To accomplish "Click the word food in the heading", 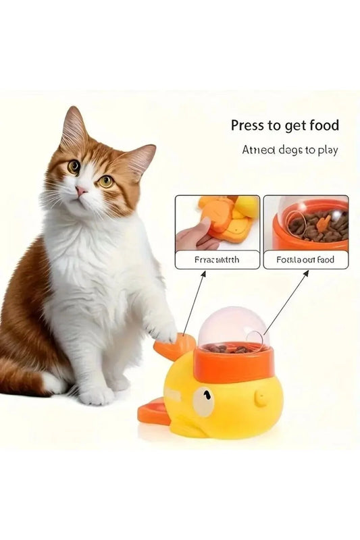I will click(x=322, y=126).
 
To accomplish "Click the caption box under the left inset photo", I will click(x=217, y=259).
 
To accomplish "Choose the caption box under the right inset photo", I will click(x=305, y=259).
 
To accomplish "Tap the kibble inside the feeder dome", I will click(x=226, y=348).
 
